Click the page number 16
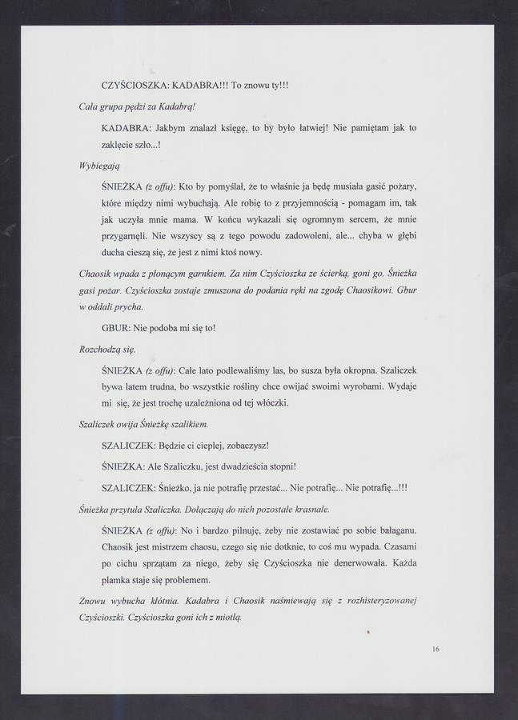pyautogui.click(x=435, y=649)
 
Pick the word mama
pyautogui.click(x=179, y=219)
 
